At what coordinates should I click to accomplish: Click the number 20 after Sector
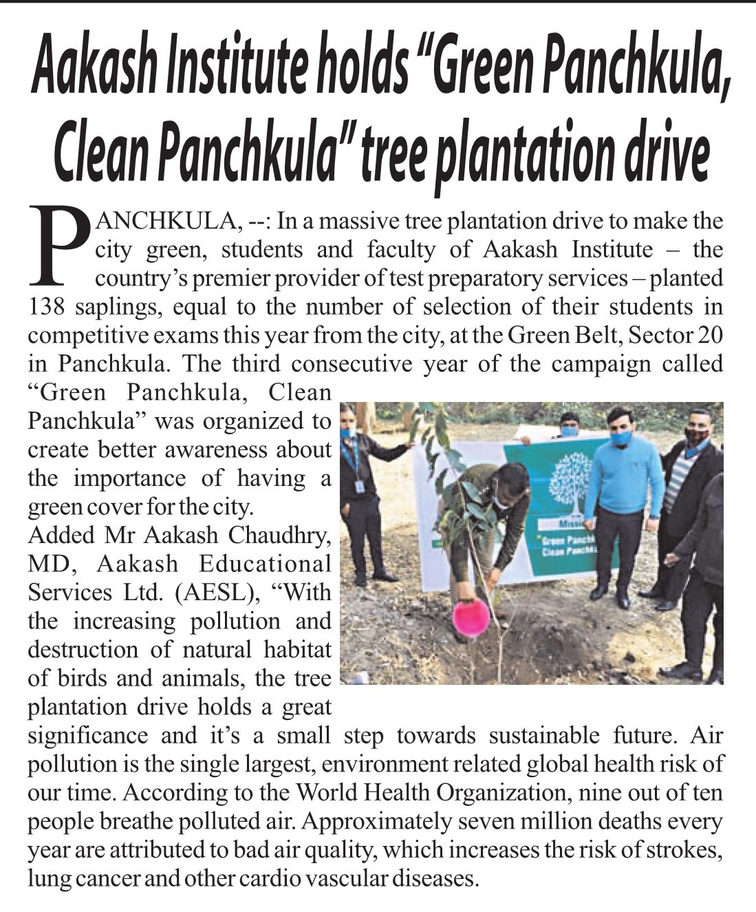tap(710, 335)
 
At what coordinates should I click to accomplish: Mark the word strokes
tap(688, 851)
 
